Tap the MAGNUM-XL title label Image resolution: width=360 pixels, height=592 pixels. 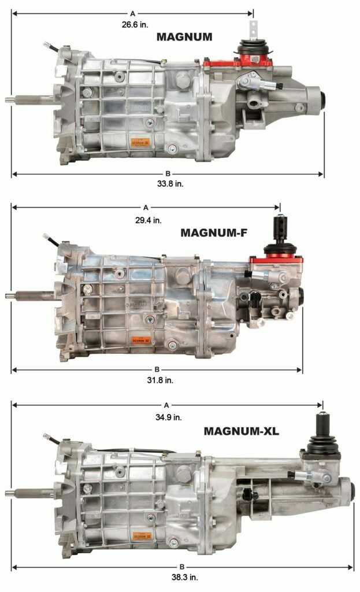(242, 431)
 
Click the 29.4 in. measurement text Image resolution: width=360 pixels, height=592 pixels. (150, 220)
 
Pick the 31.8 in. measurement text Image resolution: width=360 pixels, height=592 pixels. (159, 380)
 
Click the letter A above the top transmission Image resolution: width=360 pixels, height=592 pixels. (132, 13)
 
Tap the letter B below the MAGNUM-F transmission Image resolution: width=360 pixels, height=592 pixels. (156, 369)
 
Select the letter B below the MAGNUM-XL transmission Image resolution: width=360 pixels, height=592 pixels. (181, 567)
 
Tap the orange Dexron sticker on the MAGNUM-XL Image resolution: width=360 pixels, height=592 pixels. (144, 536)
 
